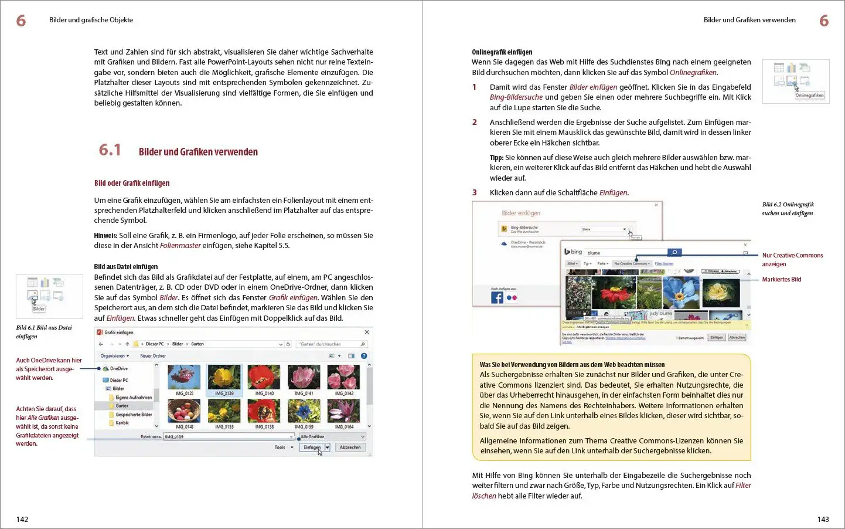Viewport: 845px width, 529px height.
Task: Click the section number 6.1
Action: (110, 151)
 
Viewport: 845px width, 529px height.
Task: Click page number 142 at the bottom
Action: (22, 519)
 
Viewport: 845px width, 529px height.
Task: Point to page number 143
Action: (823, 519)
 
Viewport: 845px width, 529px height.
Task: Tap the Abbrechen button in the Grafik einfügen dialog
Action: (350, 447)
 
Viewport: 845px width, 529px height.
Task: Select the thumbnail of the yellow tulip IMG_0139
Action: (224, 377)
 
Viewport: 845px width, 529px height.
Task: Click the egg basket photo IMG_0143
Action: (184, 411)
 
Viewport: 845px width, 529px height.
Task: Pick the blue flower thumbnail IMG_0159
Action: (304, 411)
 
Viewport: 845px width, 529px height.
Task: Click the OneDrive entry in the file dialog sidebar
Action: (118, 369)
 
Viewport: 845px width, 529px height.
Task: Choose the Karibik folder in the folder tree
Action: (122, 423)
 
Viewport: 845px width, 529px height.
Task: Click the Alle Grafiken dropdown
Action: (332, 437)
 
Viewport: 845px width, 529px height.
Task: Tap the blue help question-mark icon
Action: (364, 356)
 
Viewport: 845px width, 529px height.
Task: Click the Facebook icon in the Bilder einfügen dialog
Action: (497, 297)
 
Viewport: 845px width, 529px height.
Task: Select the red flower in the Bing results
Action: (614, 292)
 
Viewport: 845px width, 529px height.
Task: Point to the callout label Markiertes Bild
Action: (781, 279)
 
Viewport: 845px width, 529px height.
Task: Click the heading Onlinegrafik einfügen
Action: (502, 52)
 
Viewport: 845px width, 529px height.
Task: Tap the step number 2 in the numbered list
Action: (475, 123)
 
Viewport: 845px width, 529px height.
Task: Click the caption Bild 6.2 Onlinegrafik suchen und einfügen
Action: (788, 209)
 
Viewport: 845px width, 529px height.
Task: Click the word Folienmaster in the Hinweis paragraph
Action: (180, 246)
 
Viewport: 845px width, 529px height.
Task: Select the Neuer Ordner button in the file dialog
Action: (153, 356)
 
